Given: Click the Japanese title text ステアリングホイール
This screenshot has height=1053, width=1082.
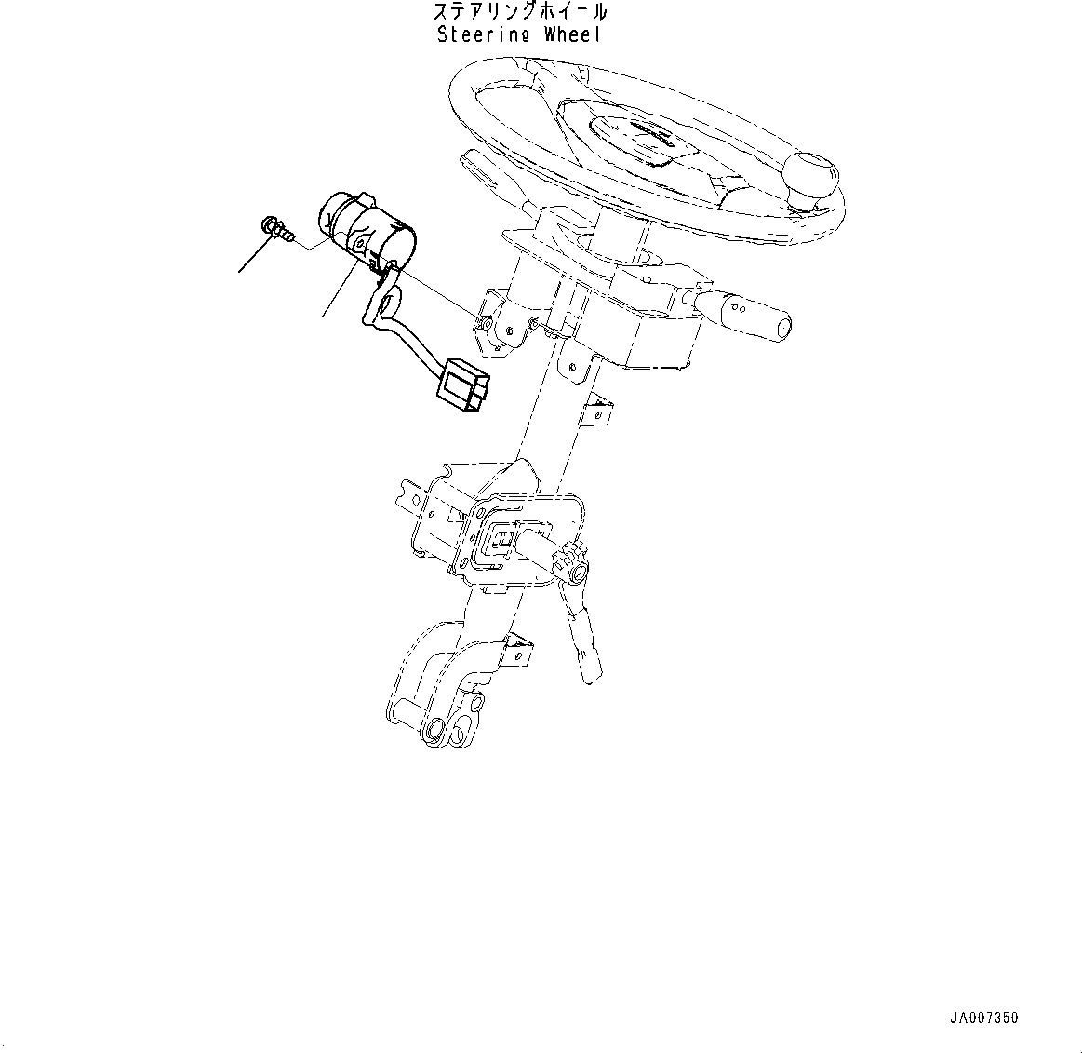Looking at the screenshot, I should tap(520, 13).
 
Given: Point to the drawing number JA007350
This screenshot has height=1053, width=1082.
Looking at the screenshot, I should tap(984, 1018).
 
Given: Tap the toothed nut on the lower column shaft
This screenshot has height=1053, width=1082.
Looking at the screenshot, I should tap(568, 565).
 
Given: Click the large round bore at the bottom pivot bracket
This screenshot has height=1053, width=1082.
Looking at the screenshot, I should tap(435, 729).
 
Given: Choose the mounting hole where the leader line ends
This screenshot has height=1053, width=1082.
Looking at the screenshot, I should tap(485, 324).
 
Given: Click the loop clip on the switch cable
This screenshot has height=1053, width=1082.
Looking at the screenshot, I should tap(386, 303).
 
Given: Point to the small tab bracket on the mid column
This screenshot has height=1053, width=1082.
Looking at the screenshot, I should tap(595, 410).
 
